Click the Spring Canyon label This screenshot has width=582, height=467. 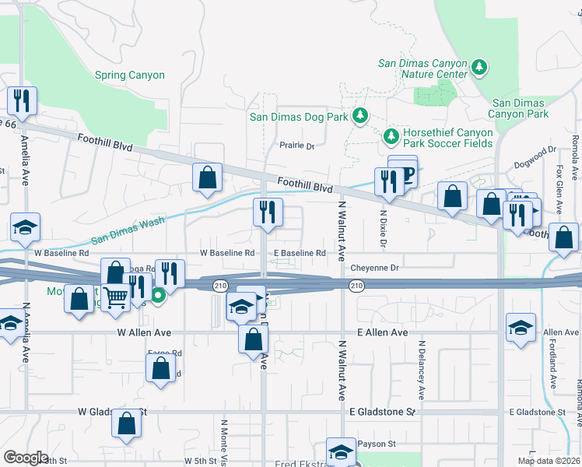(130, 75)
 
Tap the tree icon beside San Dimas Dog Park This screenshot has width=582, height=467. (359, 117)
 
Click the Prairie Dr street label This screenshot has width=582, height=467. (296, 146)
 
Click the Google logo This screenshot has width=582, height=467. (26, 457)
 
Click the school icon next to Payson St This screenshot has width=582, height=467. (341, 451)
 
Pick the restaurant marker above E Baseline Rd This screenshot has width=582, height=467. (267, 211)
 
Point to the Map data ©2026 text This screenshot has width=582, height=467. (547, 461)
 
